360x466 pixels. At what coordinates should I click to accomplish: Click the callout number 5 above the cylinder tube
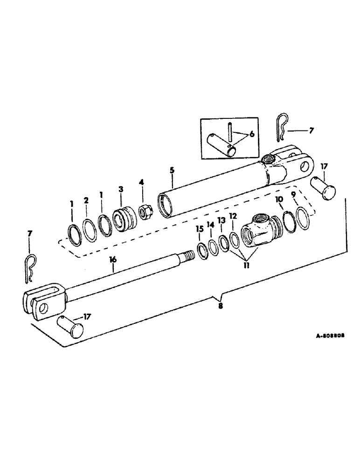point(172,171)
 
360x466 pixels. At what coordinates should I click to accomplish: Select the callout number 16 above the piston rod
point(112,260)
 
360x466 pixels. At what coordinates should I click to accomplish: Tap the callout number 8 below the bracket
point(221,306)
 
